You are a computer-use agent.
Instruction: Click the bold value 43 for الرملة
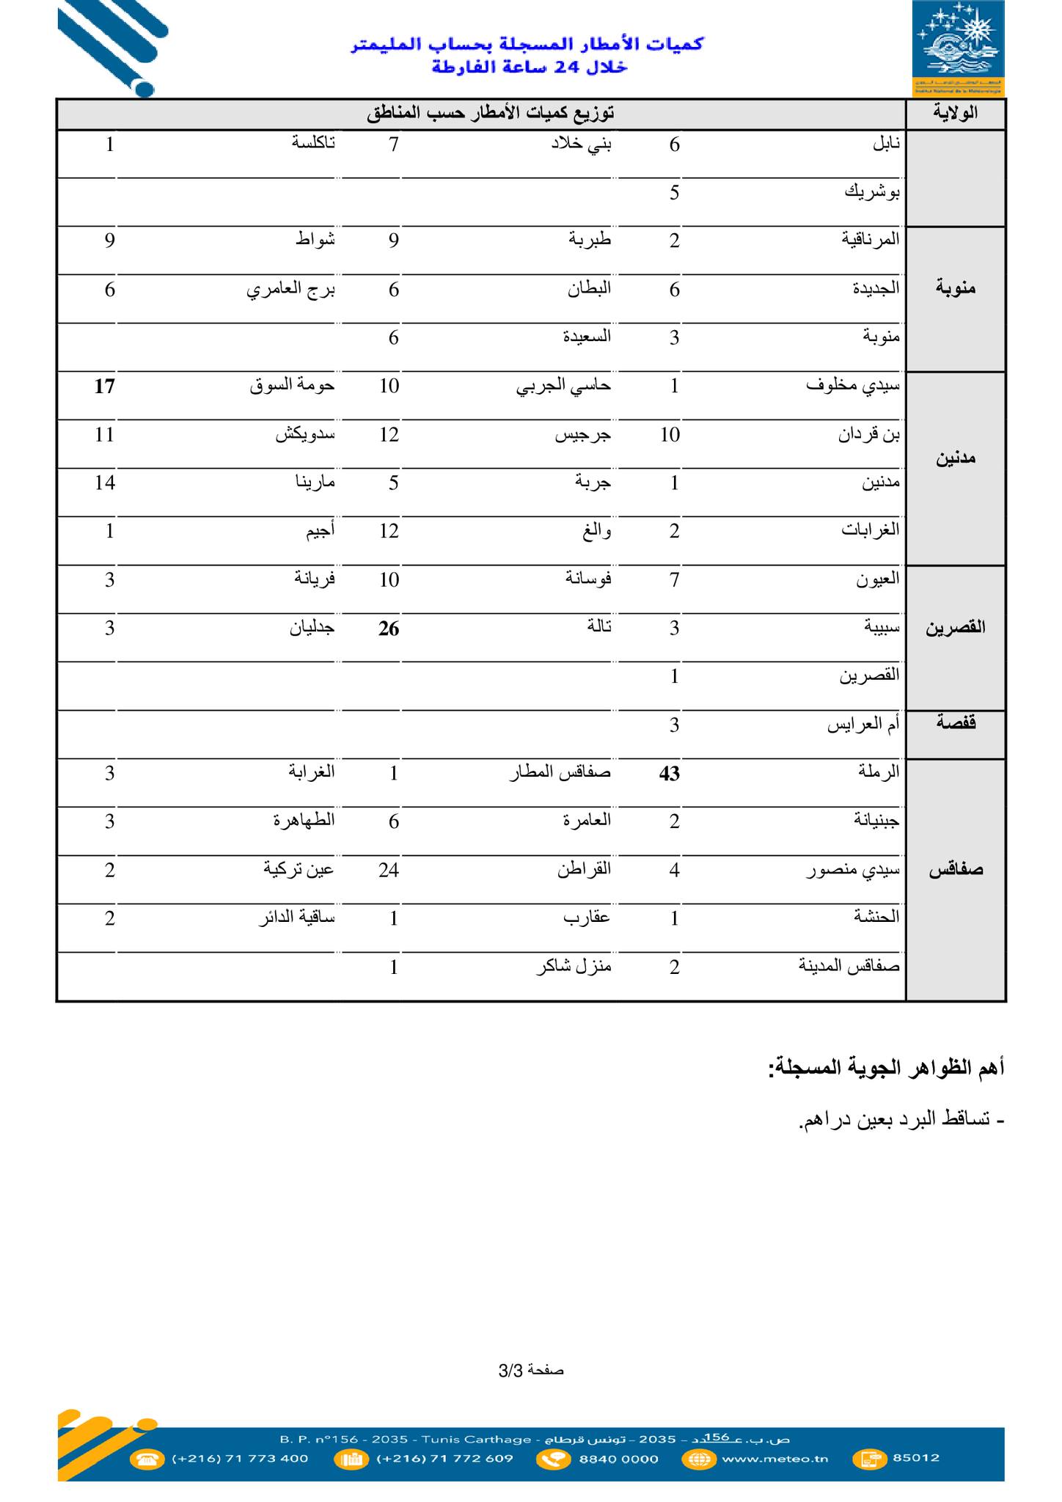click(670, 774)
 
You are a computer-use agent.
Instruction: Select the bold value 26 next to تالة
click(389, 629)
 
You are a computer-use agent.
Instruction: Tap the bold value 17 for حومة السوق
click(104, 386)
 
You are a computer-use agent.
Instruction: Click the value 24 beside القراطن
click(389, 871)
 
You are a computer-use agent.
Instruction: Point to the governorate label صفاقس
click(956, 871)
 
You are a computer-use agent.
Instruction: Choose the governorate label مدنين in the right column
click(956, 459)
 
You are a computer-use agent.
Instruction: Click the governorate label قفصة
click(956, 724)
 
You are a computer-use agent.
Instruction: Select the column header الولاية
click(956, 114)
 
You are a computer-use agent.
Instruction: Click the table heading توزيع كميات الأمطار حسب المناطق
click(490, 114)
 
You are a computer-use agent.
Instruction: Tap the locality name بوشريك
click(872, 193)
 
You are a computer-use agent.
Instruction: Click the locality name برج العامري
click(290, 290)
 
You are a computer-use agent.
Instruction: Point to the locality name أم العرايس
click(863, 725)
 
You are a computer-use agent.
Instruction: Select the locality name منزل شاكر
click(574, 967)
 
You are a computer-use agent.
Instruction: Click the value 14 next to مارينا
click(104, 483)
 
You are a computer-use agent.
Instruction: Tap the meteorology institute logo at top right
click(958, 48)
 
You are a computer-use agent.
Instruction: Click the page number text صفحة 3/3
click(531, 1370)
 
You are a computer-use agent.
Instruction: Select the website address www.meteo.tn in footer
click(774, 1458)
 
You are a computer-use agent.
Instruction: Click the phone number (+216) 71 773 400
click(240, 1458)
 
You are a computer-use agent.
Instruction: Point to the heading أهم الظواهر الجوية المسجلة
click(885, 1068)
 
